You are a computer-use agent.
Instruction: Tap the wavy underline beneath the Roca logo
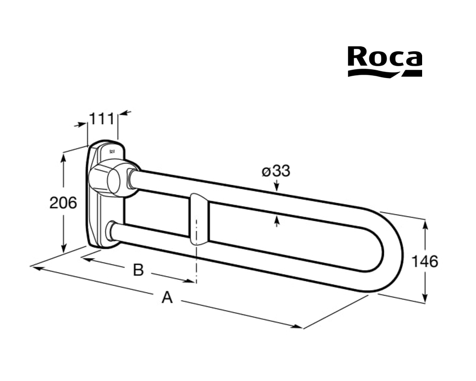(385, 73)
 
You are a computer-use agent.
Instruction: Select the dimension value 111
(102, 119)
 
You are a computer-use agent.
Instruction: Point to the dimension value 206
(63, 202)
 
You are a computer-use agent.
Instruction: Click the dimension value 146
(424, 261)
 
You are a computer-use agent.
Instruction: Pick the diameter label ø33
(276, 171)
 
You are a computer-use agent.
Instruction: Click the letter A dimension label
(167, 297)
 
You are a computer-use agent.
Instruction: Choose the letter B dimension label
(138, 269)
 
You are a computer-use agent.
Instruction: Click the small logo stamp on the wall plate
(112, 151)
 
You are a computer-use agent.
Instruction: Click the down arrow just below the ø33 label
(277, 186)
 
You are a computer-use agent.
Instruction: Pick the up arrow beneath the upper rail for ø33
(277, 221)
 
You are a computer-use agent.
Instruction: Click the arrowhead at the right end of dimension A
(298, 327)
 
